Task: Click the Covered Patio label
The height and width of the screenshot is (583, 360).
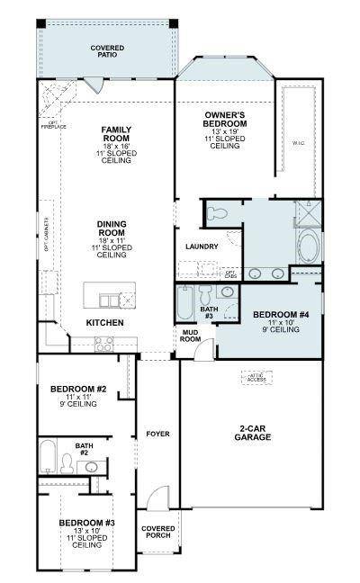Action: tap(107, 51)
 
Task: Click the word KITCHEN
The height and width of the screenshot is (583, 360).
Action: tap(104, 322)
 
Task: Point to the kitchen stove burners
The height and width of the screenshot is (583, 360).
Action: tap(103, 343)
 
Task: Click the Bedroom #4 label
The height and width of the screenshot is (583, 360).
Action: tap(268, 319)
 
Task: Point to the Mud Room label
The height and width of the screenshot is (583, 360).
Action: tap(190, 336)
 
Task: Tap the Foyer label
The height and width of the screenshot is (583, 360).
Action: tap(157, 434)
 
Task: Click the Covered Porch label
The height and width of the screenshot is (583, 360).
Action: tap(157, 532)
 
